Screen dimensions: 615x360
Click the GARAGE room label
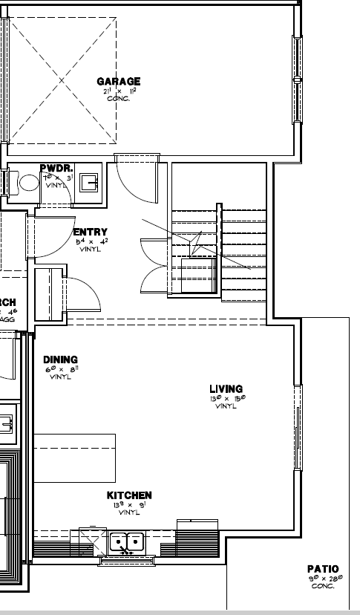[118, 82]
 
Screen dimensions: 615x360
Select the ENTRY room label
[91, 232]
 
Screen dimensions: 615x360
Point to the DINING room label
[60, 360]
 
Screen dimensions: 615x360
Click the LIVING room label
[226, 389]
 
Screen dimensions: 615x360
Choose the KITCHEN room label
[129, 495]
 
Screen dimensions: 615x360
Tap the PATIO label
[323, 569]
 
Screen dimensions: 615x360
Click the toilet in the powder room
[29, 183]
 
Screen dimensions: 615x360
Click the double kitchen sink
[127, 543]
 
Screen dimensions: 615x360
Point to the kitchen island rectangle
[75, 458]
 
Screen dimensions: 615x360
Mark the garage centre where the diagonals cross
[62, 79]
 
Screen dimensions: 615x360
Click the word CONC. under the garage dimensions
[118, 99]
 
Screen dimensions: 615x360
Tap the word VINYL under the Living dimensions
[226, 406]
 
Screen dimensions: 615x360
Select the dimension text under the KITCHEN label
[129, 505]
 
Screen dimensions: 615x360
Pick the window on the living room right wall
[298, 427]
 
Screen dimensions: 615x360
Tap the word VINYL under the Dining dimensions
[60, 377]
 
